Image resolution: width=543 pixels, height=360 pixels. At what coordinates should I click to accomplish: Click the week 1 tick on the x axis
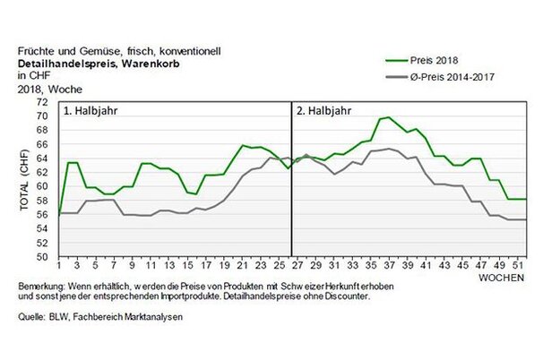(59, 266)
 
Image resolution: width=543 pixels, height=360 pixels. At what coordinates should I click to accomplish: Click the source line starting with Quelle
(84, 317)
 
